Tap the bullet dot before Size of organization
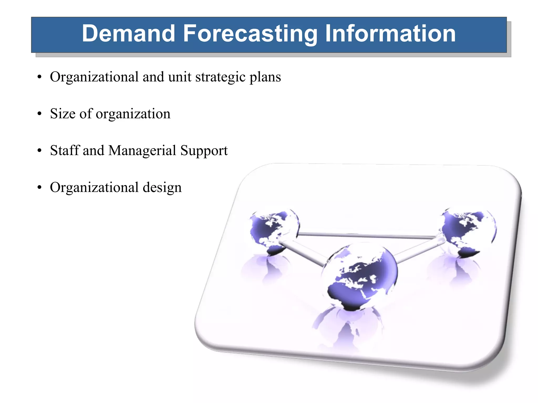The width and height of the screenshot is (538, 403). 39,114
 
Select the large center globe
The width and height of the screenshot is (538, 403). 360,275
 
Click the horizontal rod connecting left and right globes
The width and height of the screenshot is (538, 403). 368,235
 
